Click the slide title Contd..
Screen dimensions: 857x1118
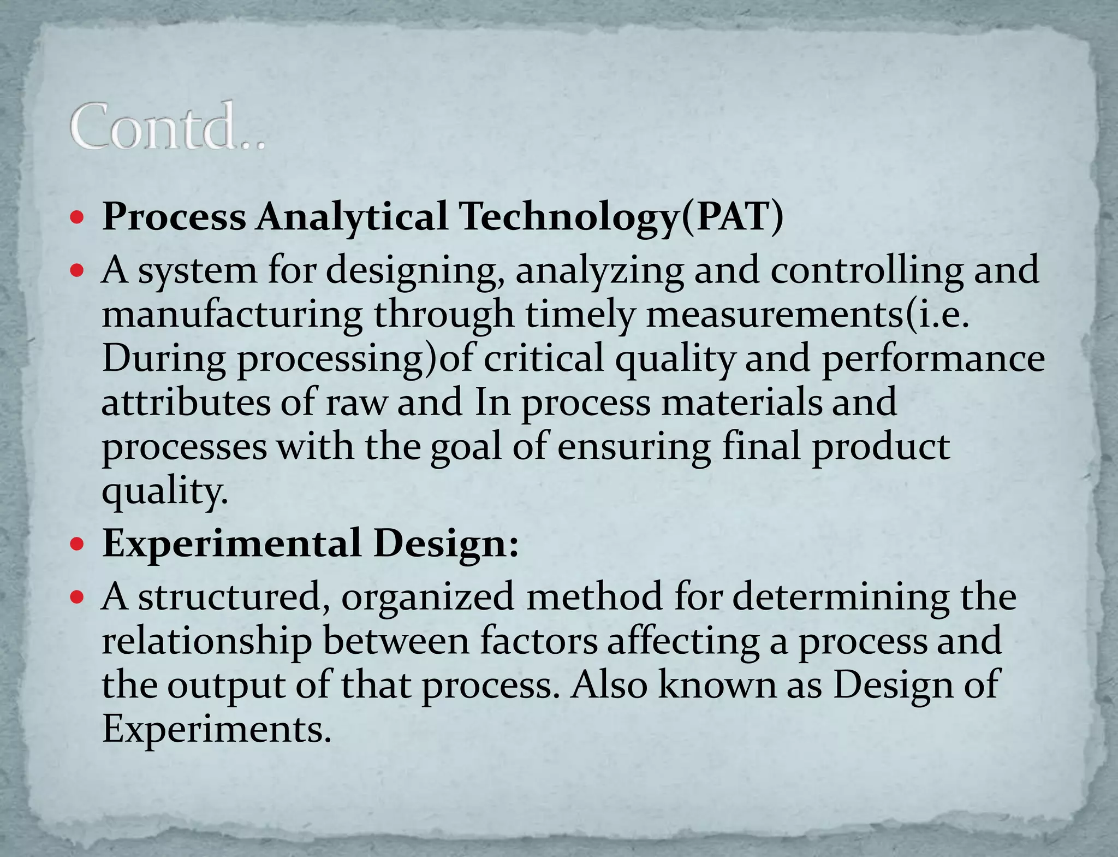(166, 127)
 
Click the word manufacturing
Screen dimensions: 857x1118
(232, 315)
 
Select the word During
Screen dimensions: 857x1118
(163, 359)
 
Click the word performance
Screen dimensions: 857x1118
(933, 360)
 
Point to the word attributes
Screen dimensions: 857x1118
(186, 403)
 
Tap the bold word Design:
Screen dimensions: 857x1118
(446, 545)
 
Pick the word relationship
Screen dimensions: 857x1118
(207, 641)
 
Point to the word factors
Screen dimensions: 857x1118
(539, 641)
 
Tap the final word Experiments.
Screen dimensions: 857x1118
(217, 729)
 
